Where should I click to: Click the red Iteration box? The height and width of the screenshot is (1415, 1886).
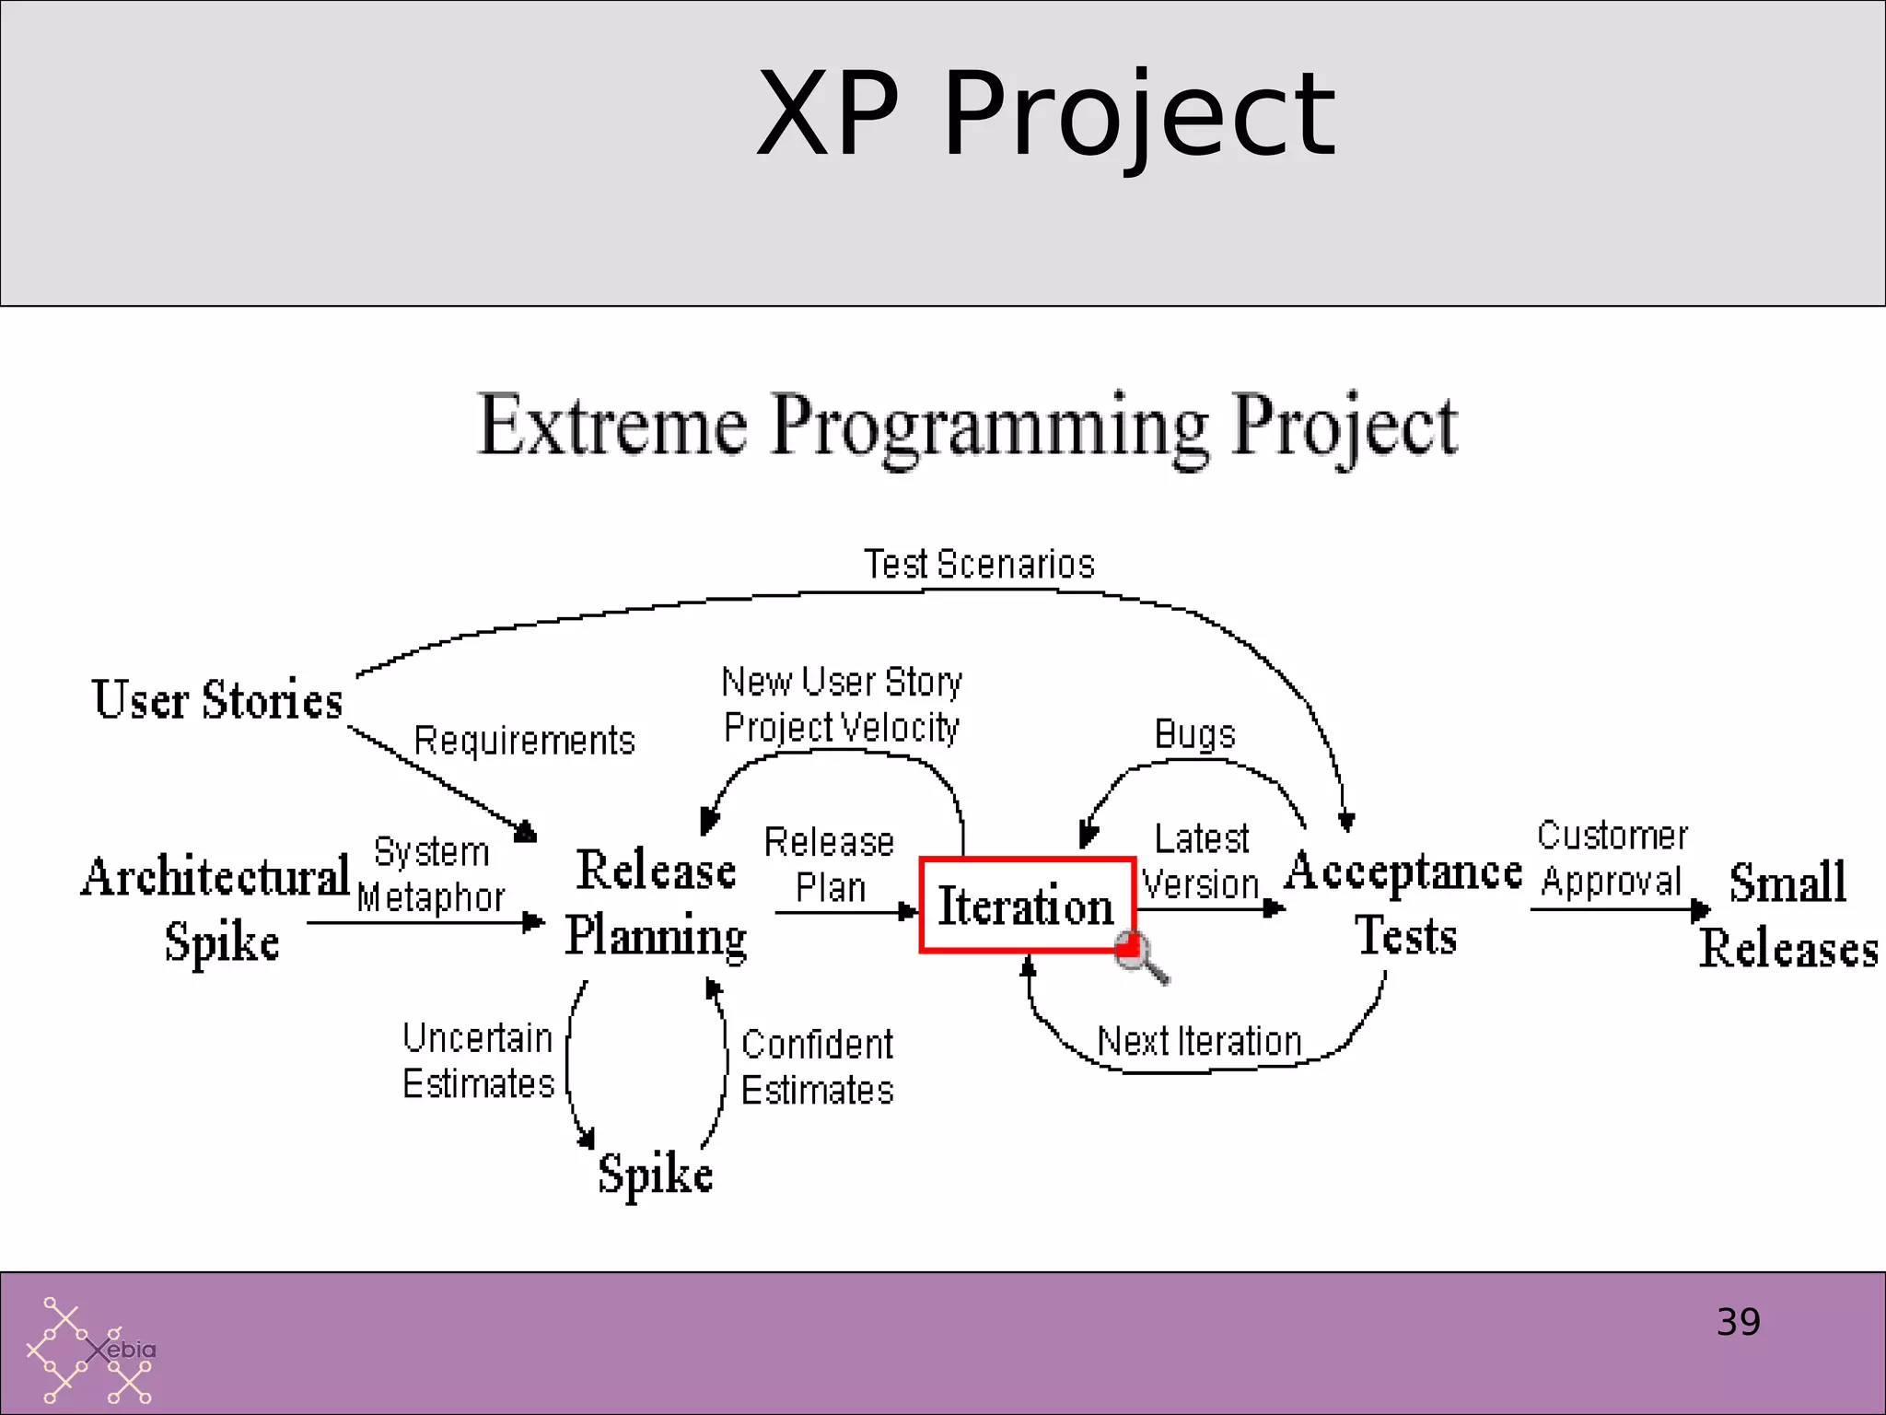(x=1026, y=905)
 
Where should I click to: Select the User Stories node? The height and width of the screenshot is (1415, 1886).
(x=217, y=699)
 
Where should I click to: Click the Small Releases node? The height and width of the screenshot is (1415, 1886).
(x=1787, y=915)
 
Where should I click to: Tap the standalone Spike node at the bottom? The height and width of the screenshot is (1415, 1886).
(x=655, y=1174)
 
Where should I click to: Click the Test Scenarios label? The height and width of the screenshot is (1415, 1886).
(x=979, y=564)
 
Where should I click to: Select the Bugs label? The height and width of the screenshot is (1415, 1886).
(x=1194, y=734)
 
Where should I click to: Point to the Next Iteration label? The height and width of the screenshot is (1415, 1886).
(x=1199, y=1042)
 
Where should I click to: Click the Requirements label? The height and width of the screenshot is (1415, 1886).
(x=524, y=741)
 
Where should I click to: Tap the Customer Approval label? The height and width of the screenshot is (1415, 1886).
(x=1612, y=858)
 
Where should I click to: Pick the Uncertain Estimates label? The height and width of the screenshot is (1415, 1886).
(x=478, y=1060)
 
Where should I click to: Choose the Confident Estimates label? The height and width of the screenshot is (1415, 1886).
(x=817, y=1067)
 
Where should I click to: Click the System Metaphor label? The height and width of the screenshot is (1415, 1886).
(x=431, y=874)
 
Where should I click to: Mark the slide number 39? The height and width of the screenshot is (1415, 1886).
(x=1738, y=1322)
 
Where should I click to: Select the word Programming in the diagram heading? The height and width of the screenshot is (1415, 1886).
(x=990, y=426)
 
